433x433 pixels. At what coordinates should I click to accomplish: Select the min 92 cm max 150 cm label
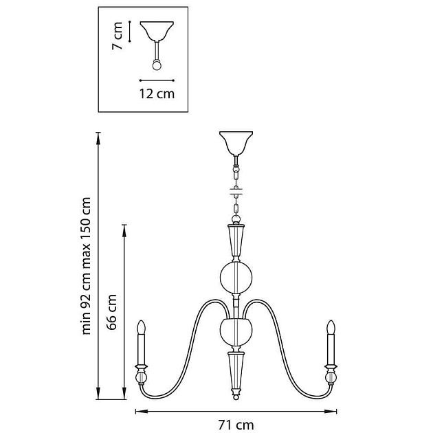[x=86, y=265]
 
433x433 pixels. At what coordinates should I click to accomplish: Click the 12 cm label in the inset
[x=157, y=93]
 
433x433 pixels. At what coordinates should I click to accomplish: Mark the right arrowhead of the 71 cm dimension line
[x=337, y=411]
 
